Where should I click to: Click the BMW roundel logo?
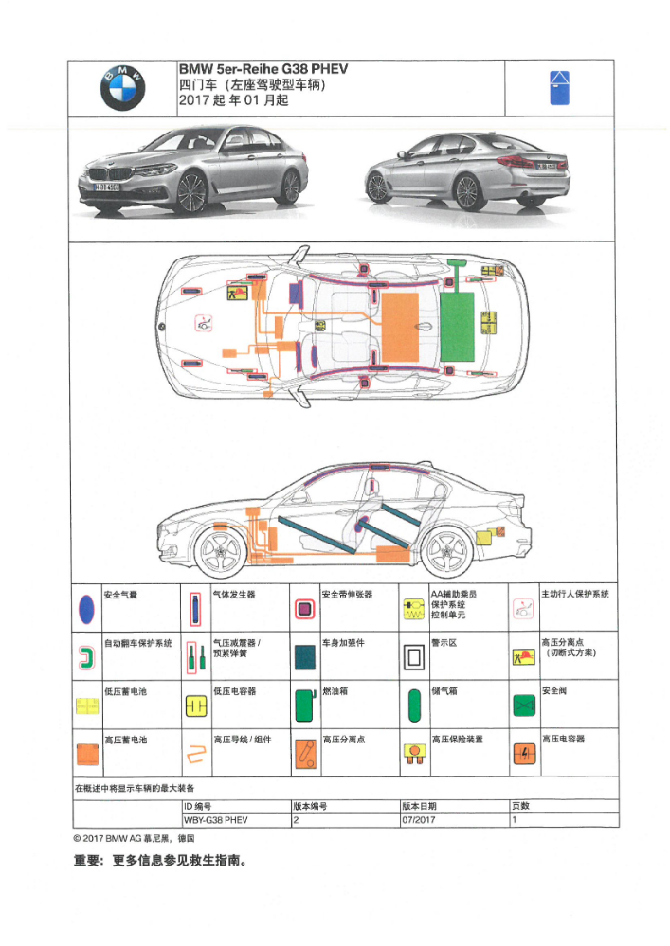click(x=122, y=88)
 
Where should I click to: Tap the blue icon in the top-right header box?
click(x=559, y=88)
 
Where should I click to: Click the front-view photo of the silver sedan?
click(x=192, y=170)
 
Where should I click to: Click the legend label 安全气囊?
click(x=120, y=594)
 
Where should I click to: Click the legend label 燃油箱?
click(x=336, y=691)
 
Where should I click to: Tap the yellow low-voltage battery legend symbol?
click(x=86, y=705)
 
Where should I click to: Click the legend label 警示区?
click(x=444, y=643)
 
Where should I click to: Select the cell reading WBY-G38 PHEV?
click(x=216, y=820)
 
